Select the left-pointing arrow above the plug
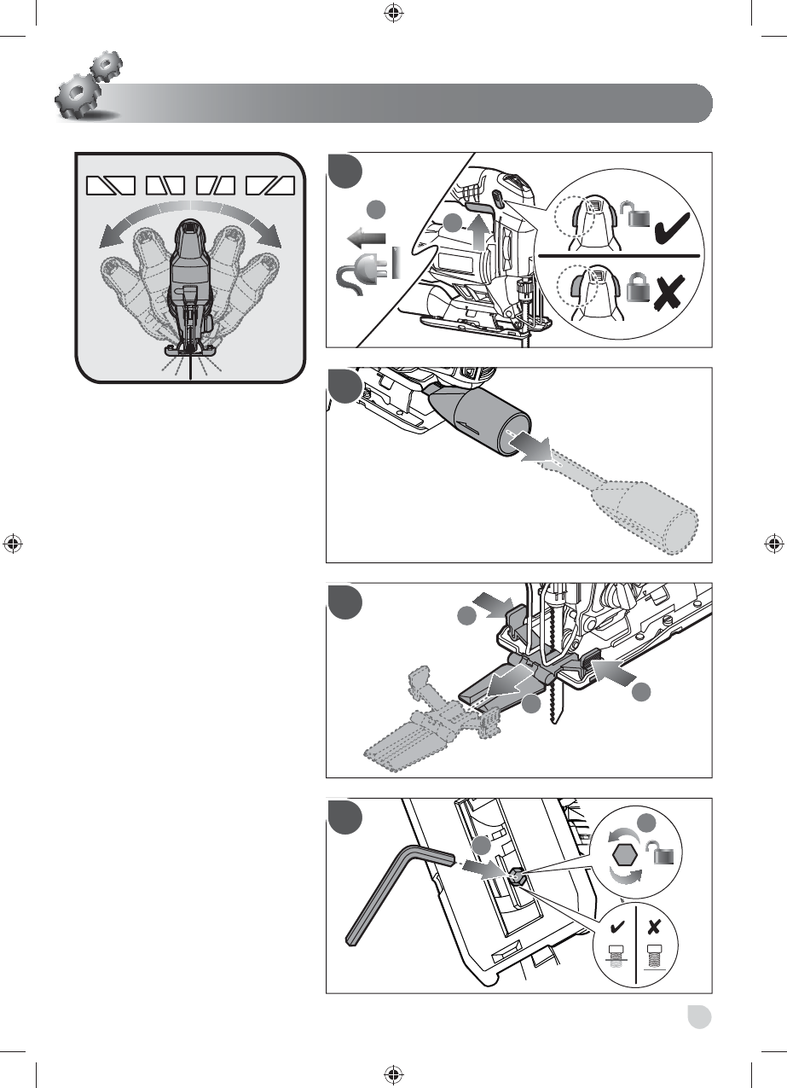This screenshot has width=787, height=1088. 367,237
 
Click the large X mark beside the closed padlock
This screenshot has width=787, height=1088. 674,295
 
